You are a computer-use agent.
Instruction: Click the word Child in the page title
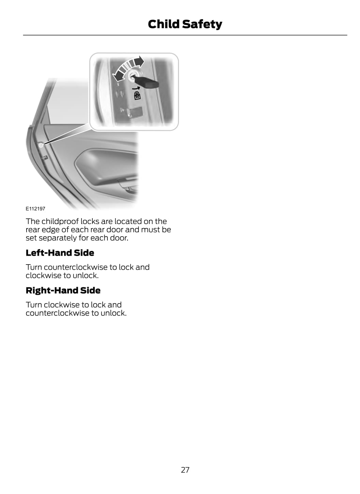[163, 24]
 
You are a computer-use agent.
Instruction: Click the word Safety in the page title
[202, 24]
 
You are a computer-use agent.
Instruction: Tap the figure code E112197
[35, 209]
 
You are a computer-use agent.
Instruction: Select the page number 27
[185, 470]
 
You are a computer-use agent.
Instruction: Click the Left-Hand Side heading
[60, 253]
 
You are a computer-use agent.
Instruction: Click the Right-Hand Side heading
[63, 290]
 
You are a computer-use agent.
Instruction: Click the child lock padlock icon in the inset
[137, 95]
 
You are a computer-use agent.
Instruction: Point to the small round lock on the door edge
[41, 145]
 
